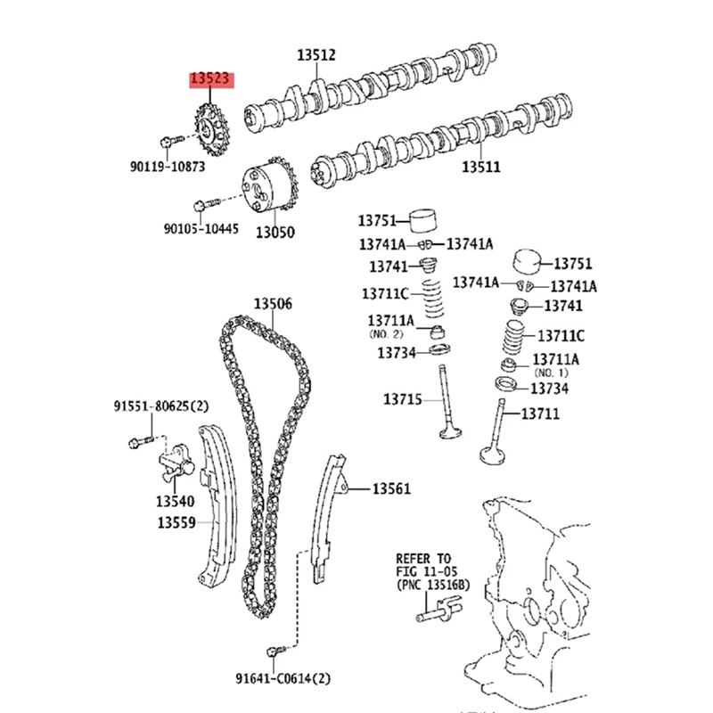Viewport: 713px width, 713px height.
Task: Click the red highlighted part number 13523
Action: pos(210,79)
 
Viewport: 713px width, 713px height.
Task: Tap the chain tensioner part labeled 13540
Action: pos(175,465)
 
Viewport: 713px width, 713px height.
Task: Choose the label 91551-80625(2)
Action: pos(160,406)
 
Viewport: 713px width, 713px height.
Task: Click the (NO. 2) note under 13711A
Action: pos(385,333)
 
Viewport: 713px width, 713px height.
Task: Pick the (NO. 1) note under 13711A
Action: pos(551,372)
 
